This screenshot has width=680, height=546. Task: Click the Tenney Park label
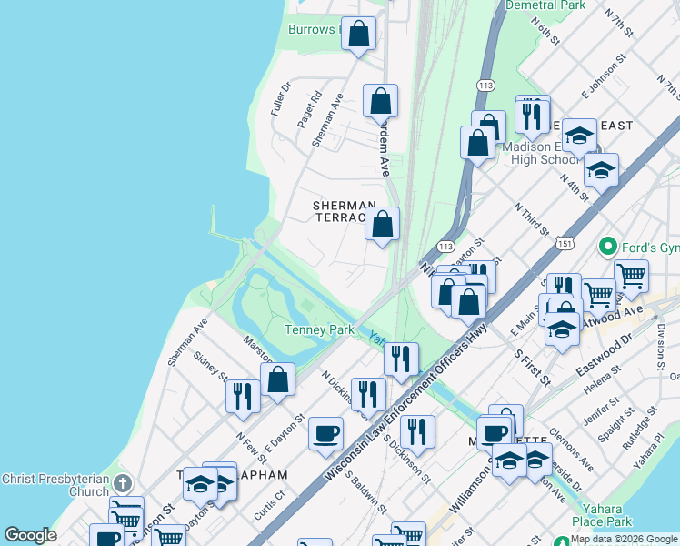319,329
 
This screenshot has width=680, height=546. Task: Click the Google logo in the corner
30,535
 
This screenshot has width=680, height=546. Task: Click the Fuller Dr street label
279,99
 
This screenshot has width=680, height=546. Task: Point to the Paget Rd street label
310,108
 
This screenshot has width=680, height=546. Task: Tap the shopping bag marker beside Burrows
359,35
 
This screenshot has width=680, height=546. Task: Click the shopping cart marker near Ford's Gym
631,275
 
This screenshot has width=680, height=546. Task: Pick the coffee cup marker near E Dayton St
325,433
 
